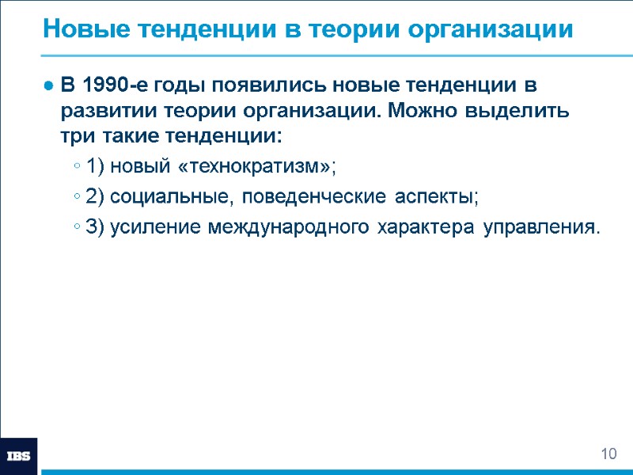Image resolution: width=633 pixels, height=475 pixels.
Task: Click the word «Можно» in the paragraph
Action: point(426,110)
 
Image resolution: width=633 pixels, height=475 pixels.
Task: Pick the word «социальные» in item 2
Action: point(167,197)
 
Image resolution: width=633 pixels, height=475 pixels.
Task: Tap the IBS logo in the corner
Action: point(18,456)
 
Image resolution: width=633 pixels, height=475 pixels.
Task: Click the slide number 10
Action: point(608,454)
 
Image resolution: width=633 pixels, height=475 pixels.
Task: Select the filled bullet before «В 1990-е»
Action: point(49,85)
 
